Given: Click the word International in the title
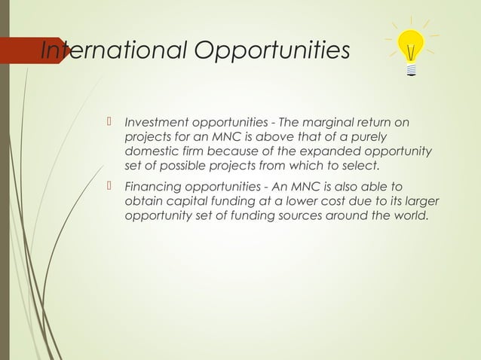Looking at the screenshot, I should click(x=113, y=50).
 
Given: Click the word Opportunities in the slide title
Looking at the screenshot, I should click(x=272, y=51).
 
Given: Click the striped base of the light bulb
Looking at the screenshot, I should click(x=411, y=70).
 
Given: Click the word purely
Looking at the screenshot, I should click(x=367, y=136).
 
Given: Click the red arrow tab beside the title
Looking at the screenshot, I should click(x=30, y=50).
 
